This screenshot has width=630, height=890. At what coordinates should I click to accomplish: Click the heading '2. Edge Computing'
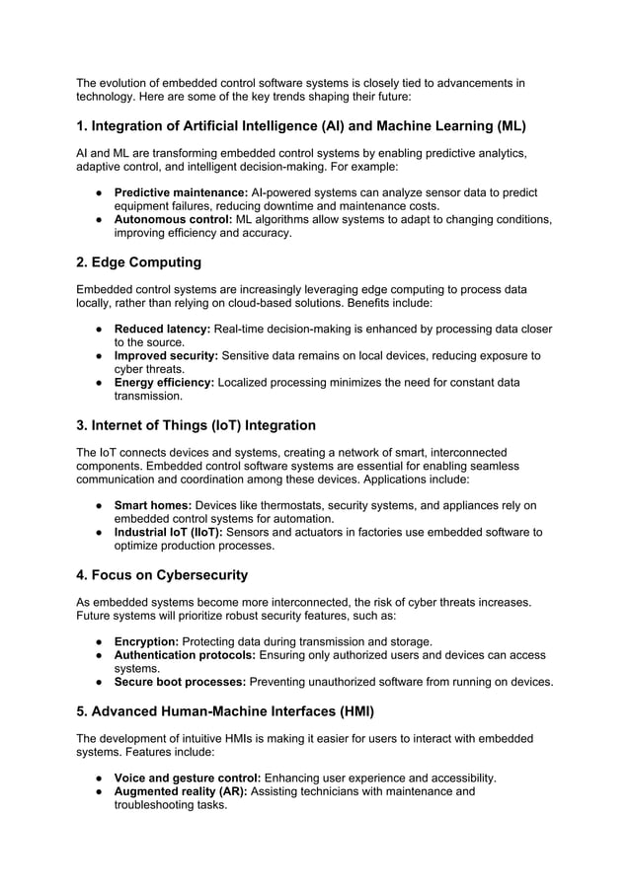[138, 262]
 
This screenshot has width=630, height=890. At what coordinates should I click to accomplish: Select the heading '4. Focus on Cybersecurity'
[162, 574]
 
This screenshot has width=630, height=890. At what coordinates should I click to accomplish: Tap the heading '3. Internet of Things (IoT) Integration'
[196, 425]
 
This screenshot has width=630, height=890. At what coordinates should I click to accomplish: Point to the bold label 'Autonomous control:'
[172, 219]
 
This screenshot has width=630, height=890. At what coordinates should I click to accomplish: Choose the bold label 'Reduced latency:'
[163, 329]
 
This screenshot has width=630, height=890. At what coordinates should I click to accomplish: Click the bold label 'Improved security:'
[167, 355]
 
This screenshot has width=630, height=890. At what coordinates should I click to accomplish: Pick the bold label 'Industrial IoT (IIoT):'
[169, 532]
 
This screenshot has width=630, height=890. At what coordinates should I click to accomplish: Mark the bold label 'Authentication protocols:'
[185, 654]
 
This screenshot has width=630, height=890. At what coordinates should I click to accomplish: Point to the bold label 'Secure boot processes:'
[181, 681]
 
